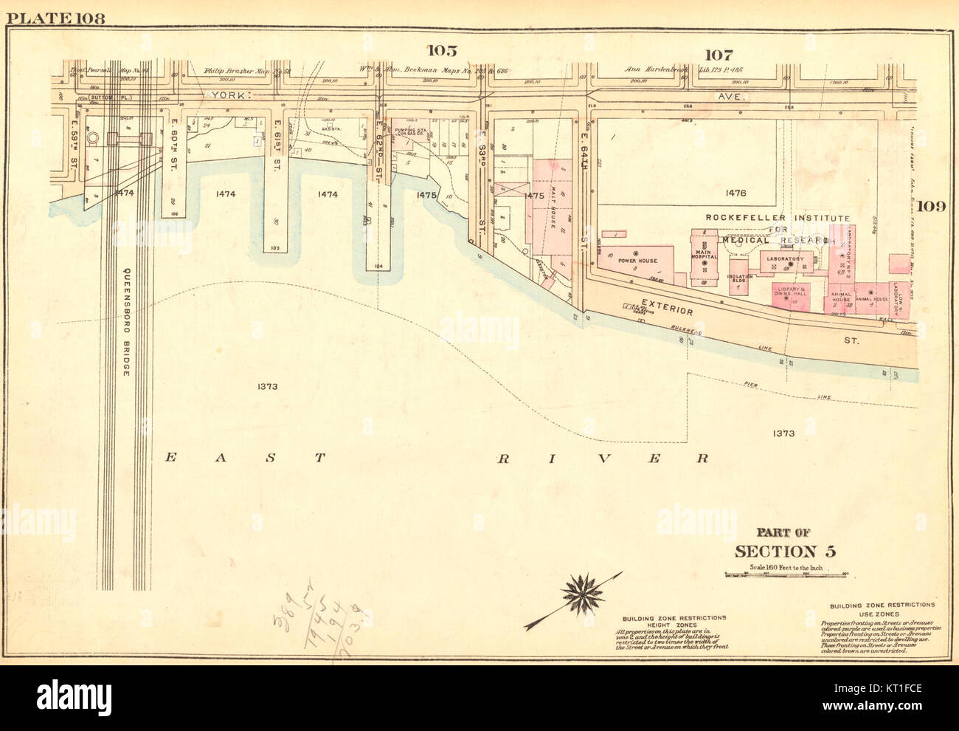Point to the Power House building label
617,261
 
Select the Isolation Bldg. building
738,280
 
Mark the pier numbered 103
274,248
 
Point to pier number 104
379,264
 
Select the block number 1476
735,193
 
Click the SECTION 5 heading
785,552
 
